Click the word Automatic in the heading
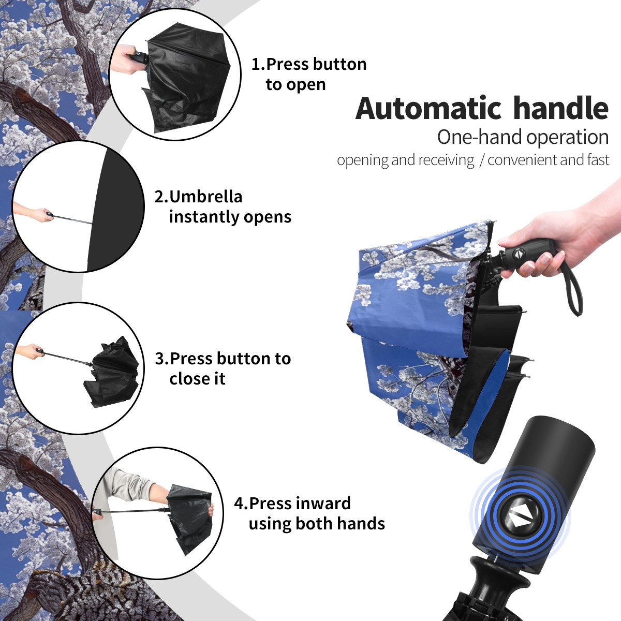click(x=428, y=108)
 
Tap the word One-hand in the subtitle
click(x=480, y=137)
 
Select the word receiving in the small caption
click(x=449, y=160)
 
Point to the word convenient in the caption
click(x=522, y=159)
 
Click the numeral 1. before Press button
click(x=258, y=64)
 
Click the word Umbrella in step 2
click(x=205, y=197)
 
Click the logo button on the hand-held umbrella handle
click(x=518, y=254)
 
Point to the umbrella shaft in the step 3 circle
click(x=67, y=358)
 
